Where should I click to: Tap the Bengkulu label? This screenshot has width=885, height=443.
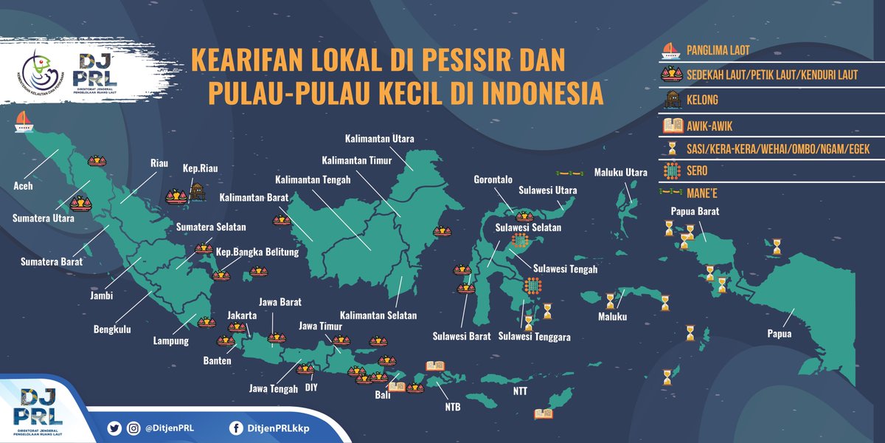pos(112,329)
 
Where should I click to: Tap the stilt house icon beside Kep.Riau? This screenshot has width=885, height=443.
pos(197,192)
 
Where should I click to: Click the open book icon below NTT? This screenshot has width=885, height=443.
pos(544,416)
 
